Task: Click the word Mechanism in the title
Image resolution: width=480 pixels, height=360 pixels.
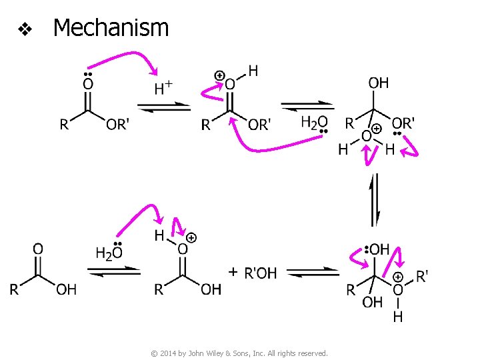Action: [x=111, y=28]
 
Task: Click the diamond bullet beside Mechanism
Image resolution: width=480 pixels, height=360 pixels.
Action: [x=25, y=29]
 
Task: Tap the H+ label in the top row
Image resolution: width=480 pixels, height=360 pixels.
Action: [x=163, y=87]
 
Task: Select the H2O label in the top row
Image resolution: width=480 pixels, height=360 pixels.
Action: [x=314, y=122]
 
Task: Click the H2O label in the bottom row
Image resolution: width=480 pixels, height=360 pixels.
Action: [x=109, y=253]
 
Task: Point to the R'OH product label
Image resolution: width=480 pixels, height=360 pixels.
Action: [x=261, y=273]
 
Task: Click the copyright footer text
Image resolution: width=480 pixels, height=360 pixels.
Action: [x=239, y=353]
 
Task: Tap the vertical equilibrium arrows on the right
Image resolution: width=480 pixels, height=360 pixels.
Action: [x=375, y=200]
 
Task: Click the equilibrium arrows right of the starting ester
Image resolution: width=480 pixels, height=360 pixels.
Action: [x=164, y=107]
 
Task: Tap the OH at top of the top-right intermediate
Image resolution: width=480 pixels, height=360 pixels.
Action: [x=379, y=83]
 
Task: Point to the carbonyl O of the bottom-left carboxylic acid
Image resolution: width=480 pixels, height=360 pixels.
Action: [x=38, y=249]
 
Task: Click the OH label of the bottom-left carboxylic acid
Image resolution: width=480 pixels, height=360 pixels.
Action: [x=66, y=289]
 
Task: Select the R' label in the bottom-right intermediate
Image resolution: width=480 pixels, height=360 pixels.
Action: [x=422, y=275]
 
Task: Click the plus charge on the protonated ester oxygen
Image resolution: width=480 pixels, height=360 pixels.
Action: [x=220, y=75]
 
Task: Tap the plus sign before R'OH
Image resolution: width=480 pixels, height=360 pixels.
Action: [x=233, y=272]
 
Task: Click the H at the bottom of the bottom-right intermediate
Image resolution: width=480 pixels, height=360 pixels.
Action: [x=397, y=317]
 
